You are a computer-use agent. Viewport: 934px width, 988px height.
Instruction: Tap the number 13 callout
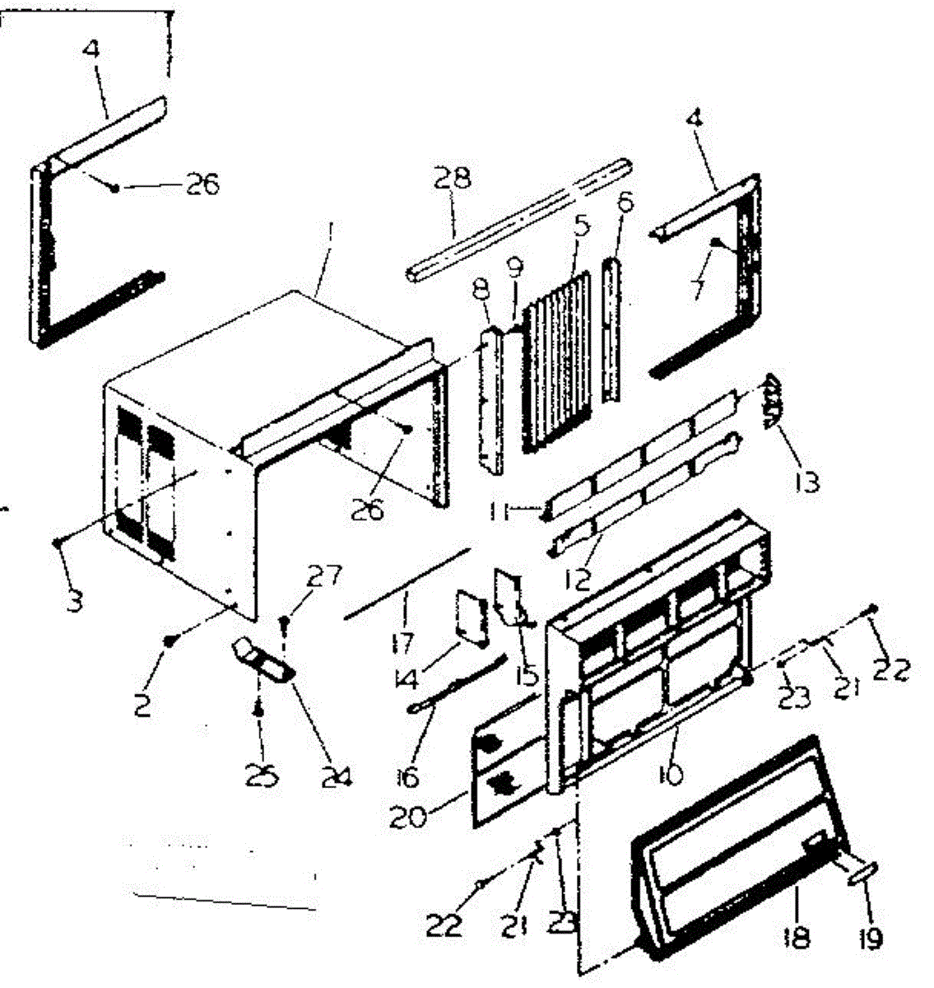coord(807,481)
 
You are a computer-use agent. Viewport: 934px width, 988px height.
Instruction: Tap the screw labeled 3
coord(58,542)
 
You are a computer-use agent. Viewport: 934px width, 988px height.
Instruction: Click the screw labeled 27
coord(284,623)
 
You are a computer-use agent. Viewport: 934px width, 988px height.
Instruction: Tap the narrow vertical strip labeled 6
coord(612,329)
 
